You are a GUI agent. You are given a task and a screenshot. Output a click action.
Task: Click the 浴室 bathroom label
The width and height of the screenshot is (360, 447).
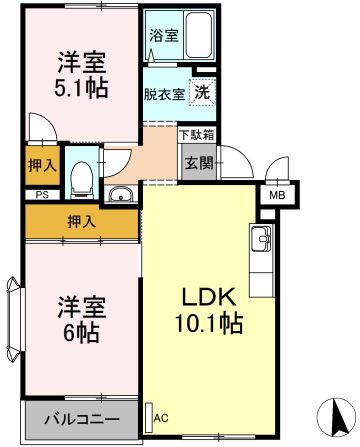point(164,35)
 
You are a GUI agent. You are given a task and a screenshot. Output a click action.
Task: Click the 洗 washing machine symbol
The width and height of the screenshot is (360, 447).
point(203,90)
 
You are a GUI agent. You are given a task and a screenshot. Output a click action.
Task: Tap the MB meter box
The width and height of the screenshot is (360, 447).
point(275,196)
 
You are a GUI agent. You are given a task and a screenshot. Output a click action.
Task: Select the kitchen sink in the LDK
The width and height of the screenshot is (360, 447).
point(262,240)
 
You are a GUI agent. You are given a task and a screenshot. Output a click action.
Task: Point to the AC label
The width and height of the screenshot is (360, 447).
point(159,417)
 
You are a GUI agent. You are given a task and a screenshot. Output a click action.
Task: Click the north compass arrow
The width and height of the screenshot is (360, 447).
point(336,413)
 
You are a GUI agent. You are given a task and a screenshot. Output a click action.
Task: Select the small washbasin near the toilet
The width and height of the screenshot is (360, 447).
point(120,194)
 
